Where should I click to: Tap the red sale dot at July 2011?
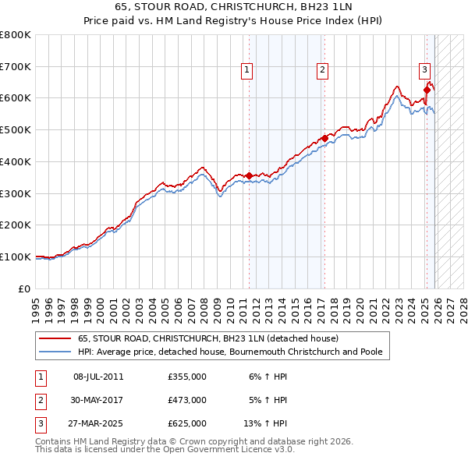click(249, 176)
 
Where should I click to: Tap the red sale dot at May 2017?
click(324, 139)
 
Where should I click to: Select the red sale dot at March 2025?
click(427, 90)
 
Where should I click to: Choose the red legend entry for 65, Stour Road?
click(207, 339)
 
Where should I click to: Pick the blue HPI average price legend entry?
click(230, 352)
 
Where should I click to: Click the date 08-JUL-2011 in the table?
click(98, 377)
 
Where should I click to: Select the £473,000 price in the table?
click(187, 400)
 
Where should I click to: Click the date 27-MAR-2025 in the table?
click(98, 423)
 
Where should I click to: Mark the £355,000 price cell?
click(187, 377)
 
